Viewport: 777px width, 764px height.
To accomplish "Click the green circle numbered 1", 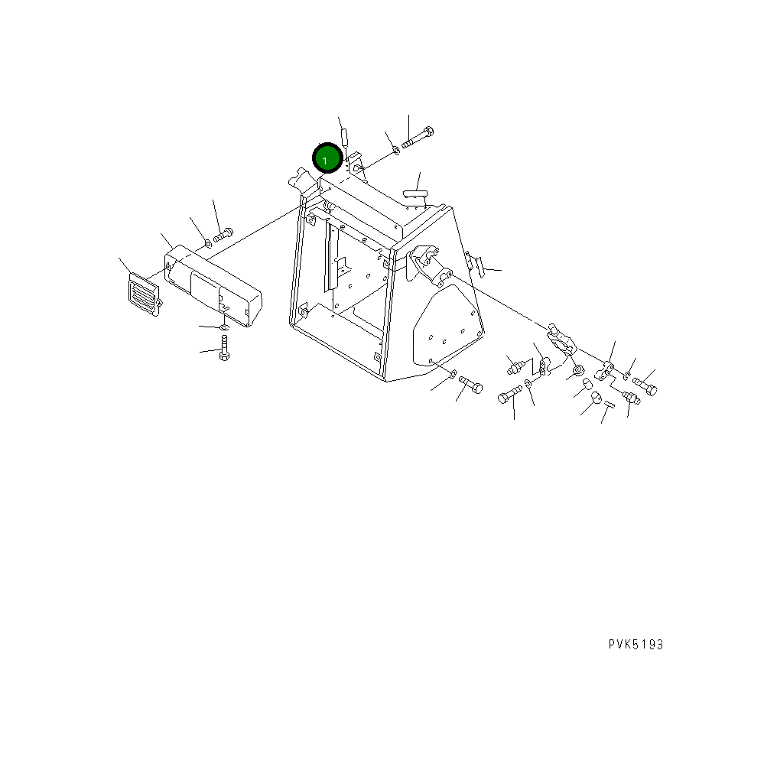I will coord(326,159).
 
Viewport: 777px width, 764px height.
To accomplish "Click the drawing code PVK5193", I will coord(636,645).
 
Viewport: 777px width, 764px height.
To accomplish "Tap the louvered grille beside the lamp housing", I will coord(144,292).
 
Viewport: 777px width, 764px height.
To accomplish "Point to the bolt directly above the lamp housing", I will coord(223,236).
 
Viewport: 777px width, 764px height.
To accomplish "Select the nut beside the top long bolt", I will coord(395,150).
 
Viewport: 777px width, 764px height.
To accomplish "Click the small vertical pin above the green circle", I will coord(343,138).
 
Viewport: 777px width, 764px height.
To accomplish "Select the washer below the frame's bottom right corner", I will coord(453,374).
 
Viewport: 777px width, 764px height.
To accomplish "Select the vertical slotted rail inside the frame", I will coord(331,257).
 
